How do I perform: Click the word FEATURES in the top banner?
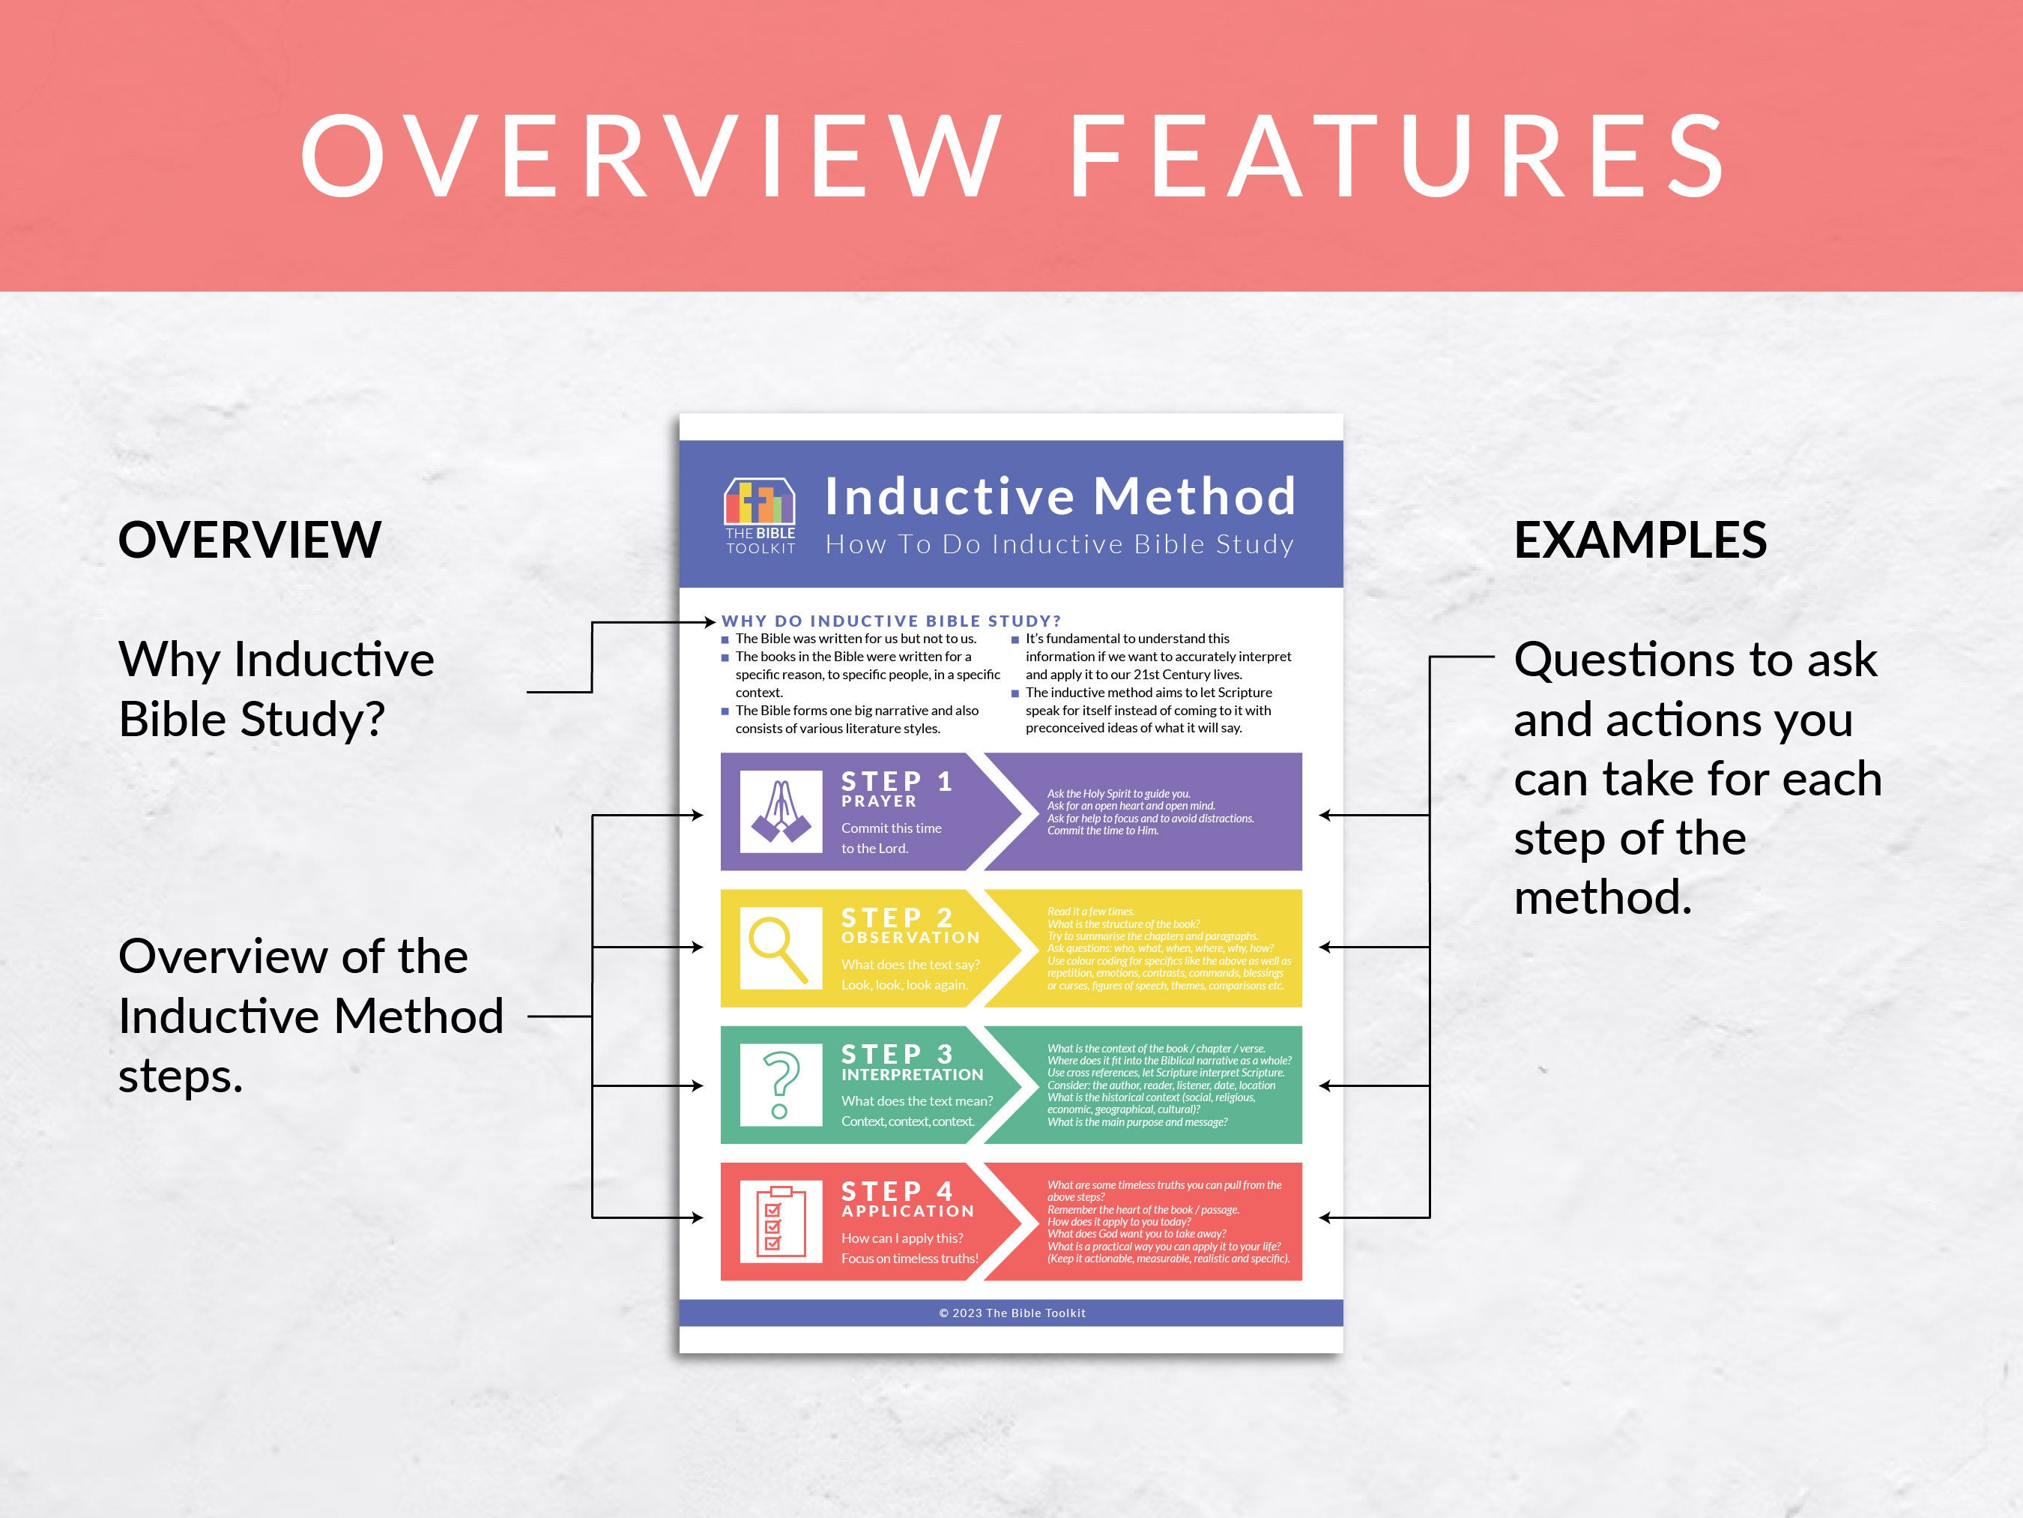pos(1397,156)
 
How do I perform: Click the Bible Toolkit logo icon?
pos(759,502)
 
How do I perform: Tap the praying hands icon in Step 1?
pos(780,812)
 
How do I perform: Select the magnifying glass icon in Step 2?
pos(779,948)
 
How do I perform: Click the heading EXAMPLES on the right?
pos(1640,540)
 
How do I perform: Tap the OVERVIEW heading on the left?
pos(249,540)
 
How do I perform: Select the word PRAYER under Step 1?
pos(878,801)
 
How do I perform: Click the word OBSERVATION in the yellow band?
pos(910,938)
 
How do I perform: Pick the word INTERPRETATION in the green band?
pos(912,1075)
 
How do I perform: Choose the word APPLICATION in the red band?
pos(907,1211)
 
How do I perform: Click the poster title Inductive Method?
pos(1060,496)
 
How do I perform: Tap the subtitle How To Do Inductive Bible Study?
pos(1059,544)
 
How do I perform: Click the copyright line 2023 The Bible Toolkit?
pos(1011,1313)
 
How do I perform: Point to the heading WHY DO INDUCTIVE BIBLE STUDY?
pos(891,621)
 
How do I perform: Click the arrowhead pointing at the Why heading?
pos(710,622)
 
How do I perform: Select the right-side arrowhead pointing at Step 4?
pos(1324,1218)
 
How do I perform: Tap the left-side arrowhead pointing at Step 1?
pos(699,816)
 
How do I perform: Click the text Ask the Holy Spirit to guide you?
pos(1118,794)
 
